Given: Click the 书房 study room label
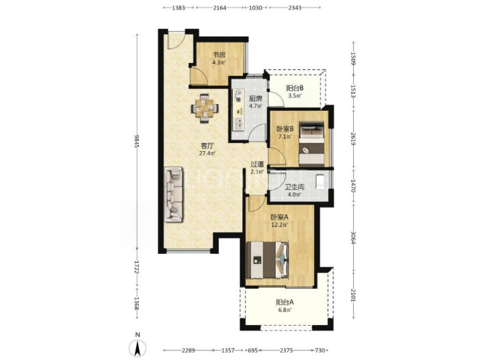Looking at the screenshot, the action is pos(219,55).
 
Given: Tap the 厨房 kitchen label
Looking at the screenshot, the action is pos(255,99).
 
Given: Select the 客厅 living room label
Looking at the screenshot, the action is pos(207,146).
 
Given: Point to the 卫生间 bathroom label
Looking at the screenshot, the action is pos(294,188).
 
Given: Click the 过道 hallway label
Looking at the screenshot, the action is pos(257,164).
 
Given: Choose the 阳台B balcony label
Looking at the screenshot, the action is pos(295,88).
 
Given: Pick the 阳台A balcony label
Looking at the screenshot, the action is pos(285,303).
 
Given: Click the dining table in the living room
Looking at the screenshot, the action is pos(205,109).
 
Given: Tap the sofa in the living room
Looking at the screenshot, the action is pos(173,194).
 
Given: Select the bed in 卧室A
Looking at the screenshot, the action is pos(268,260).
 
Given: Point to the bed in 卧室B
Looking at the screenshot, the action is pos(311,144).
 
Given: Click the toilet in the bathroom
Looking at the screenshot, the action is pos(321,182).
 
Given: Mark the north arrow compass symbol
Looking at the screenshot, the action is pos(138,348).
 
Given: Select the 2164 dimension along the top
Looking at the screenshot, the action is pos(220,8).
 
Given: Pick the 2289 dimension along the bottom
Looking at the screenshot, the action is pos(188,350).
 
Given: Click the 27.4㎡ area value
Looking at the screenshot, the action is pos(207,154).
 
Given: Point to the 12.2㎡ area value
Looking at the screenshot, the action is pos(279,224).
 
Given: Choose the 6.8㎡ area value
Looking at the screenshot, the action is pos(285,310).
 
